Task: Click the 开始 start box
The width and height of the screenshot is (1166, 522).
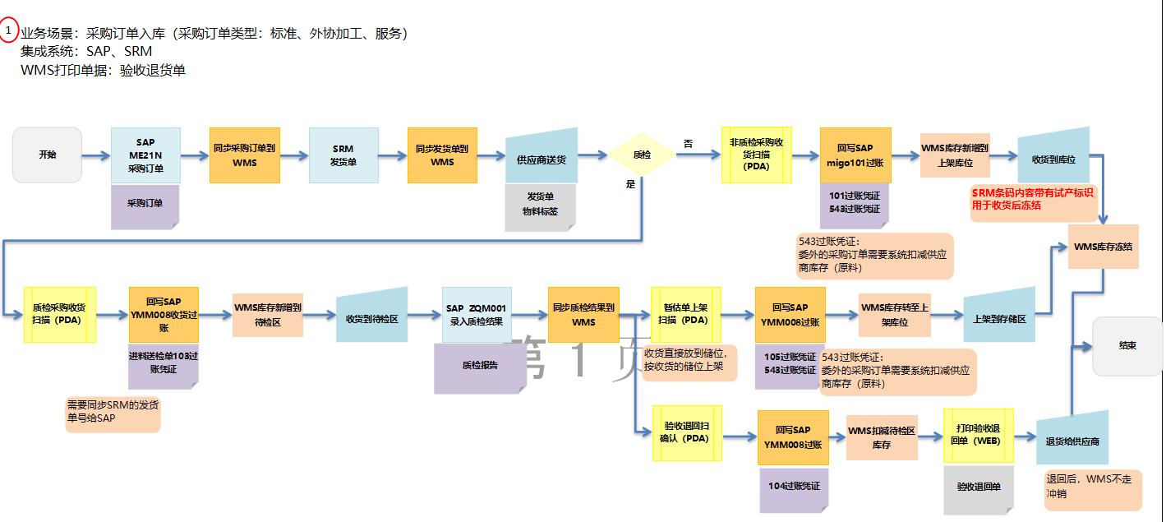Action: click(x=47, y=155)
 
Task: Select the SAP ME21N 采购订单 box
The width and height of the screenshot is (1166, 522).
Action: click(x=145, y=155)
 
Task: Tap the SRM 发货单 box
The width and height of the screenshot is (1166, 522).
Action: click(x=343, y=155)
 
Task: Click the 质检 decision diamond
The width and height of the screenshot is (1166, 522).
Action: click(x=641, y=154)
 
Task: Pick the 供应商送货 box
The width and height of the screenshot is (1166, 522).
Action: click(x=541, y=158)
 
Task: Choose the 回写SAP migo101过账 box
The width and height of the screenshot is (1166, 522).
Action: click(x=855, y=155)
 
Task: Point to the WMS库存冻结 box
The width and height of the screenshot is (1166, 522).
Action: click(x=1103, y=247)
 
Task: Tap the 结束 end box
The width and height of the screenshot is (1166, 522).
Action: click(x=1127, y=346)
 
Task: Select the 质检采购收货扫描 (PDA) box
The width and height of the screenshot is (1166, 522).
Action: click(x=60, y=314)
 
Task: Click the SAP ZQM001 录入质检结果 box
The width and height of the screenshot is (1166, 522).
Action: click(x=477, y=315)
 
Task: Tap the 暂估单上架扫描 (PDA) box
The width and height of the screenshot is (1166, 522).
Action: click(x=685, y=314)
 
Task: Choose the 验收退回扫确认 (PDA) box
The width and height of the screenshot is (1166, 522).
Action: click(x=686, y=432)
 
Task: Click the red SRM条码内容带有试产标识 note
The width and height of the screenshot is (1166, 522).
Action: click(x=1034, y=200)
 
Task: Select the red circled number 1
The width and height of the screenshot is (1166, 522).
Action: click(x=8, y=31)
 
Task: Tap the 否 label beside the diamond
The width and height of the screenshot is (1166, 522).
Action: click(x=688, y=144)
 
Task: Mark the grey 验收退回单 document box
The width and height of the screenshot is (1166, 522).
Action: click(x=979, y=487)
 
